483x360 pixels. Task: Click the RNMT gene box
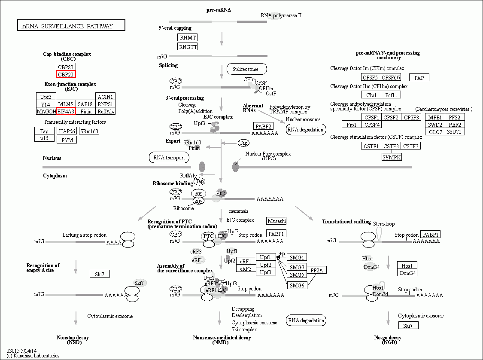point(188,38)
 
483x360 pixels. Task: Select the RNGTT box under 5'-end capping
point(188,47)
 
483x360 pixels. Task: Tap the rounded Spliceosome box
point(246,69)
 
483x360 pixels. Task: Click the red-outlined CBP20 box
point(66,74)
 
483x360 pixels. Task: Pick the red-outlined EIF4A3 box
point(66,111)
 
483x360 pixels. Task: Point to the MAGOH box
point(46,111)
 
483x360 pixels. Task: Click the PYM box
point(67,140)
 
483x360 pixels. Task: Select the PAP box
point(419,78)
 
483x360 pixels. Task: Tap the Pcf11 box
point(391,95)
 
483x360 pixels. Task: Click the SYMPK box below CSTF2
point(392,157)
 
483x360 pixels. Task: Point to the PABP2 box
point(263,126)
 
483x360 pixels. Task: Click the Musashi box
point(276,221)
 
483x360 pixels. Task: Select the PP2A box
point(317,270)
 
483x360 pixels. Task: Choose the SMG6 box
point(297,285)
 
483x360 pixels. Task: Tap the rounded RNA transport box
point(169,157)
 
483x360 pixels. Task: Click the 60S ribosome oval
point(198,194)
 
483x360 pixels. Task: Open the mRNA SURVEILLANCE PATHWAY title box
point(71,26)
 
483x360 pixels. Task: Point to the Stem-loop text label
point(384,224)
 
